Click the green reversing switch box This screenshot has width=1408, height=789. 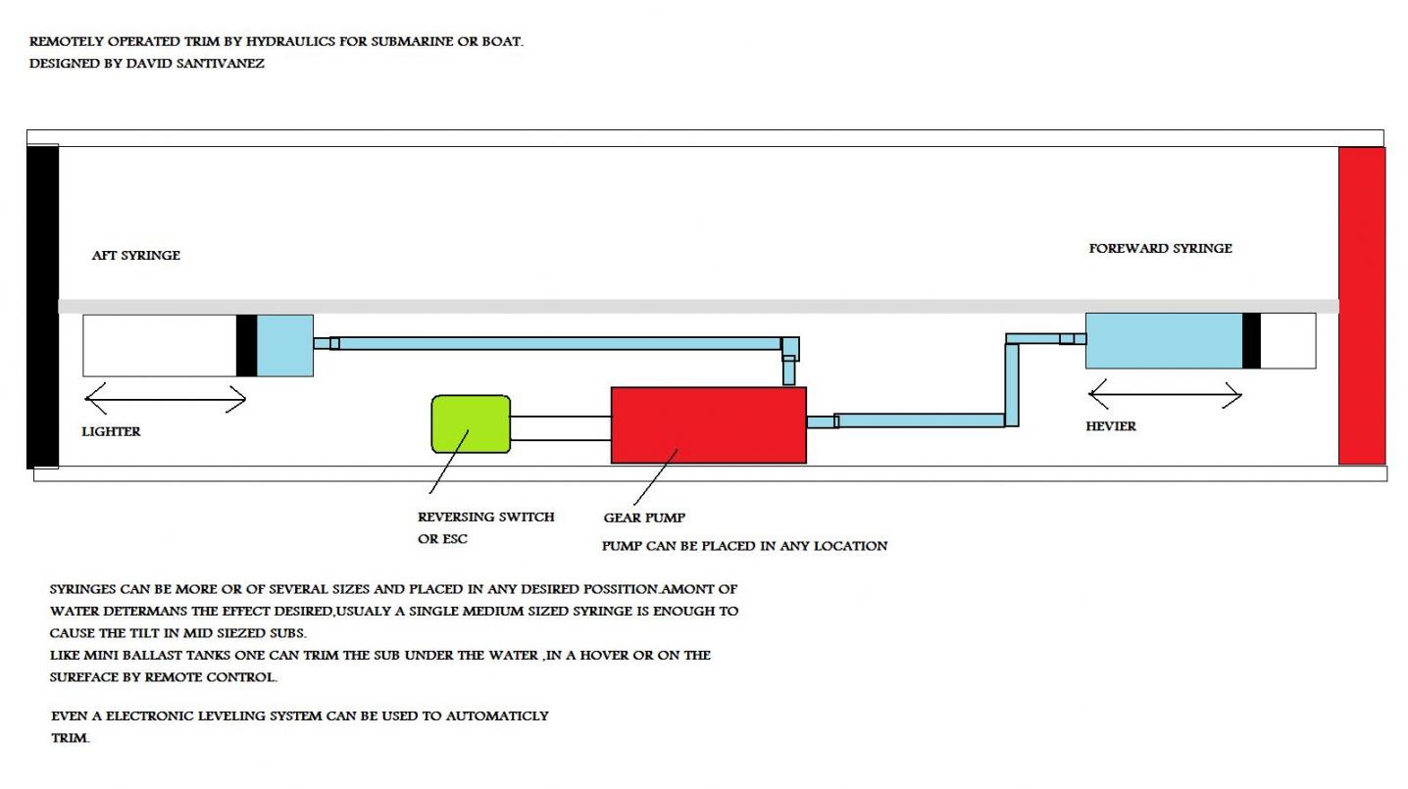[471, 423]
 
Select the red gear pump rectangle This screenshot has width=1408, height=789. [708, 424]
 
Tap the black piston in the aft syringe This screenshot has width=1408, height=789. [246, 345]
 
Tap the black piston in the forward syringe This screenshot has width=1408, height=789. [1251, 340]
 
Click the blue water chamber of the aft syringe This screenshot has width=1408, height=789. [285, 345]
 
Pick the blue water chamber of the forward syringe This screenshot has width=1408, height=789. [1163, 340]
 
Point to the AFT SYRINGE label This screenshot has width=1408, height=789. [135, 255]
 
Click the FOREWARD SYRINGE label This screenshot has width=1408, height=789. [1160, 248]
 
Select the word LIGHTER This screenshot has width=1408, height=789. [111, 431]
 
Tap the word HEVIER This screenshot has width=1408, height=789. [1111, 426]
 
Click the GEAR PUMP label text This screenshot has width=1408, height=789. [644, 518]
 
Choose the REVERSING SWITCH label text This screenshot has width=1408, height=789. [485, 517]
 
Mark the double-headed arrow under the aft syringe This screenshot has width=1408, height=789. [165, 398]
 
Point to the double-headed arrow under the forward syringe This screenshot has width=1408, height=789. [1165, 396]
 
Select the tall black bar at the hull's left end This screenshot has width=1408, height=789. [43, 306]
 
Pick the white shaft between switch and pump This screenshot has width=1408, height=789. [560, 428]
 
